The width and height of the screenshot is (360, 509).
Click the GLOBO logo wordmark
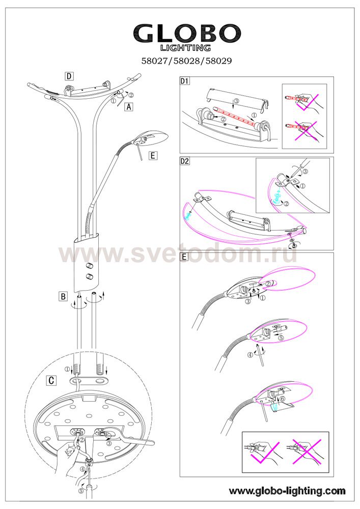click(187, 33)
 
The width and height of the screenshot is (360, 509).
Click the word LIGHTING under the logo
click(186, 48)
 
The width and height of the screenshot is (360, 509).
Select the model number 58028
click(187, 61)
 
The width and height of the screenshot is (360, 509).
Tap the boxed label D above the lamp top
click(69, 76)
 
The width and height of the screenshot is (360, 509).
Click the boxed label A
click(129, 106)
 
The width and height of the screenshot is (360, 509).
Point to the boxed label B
click(63, 296)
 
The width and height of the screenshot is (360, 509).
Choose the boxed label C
click(51, 380)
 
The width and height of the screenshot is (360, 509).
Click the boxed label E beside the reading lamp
click(153, 155)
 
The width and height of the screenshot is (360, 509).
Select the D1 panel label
click(185, 80)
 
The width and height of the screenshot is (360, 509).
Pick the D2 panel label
click(185, 161)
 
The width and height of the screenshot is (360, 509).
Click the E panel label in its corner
click(184, 257)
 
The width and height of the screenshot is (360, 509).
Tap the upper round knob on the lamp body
click(88, 266)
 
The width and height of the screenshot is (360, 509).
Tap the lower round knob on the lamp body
click(89, 277)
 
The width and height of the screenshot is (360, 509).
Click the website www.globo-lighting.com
click(287, 491)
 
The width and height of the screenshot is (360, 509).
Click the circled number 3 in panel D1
click(236, 101)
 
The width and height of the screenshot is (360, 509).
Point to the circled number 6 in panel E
click(282, 399)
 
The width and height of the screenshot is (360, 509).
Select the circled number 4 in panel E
click(250, 355)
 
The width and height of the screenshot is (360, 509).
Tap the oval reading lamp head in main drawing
click(150, 136)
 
